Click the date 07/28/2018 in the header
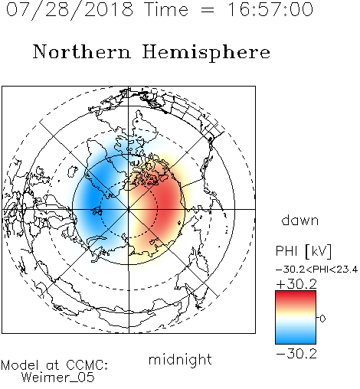tap(70, 10)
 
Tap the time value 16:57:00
tap(270, 9)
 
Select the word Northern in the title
tap(82, 51)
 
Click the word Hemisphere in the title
tap(206, 53)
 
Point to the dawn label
tap(300, 220)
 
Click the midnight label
tap(180, 360)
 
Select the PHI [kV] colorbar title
tap(303, 251)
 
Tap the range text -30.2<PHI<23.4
tap(316, 270)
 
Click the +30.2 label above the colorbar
tap(296, 284)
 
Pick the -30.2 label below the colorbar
tap(296, 354)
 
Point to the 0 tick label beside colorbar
tap(322, 319)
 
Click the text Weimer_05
tap(58, 378)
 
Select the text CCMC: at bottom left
tap(87, 365)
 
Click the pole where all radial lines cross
tap(129, 209)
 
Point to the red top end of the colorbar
tap(296, 293)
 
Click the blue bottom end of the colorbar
tap(296, 342)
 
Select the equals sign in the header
tap(208, 11)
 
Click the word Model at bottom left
tap(20, 365)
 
